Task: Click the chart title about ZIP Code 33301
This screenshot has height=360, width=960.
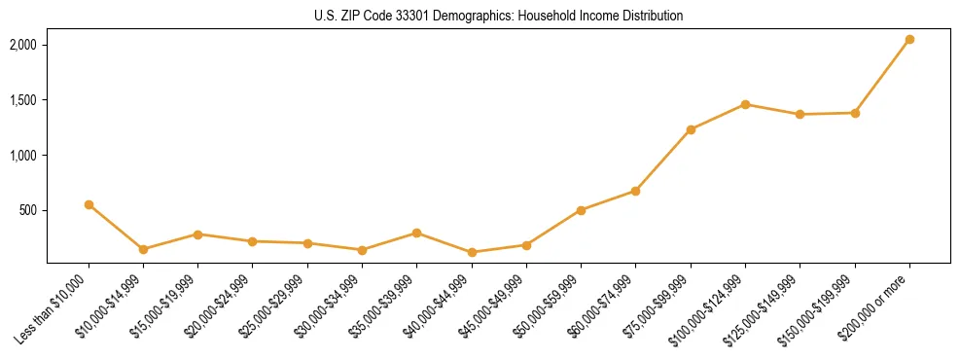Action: point(498,17)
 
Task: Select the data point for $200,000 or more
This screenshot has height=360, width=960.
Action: point(909,40)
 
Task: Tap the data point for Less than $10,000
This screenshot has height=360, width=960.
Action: point(89,204)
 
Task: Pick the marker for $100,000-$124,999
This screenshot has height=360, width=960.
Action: point(745,104)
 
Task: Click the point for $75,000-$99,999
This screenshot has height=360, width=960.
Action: point(691,129)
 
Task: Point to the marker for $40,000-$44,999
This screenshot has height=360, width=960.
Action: point(472,252)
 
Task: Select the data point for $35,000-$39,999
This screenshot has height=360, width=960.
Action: point(416,233)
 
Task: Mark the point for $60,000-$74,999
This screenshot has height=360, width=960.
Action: point(635,191)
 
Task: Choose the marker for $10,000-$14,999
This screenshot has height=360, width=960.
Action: point(143,249)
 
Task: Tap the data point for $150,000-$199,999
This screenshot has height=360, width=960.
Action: point(855,113)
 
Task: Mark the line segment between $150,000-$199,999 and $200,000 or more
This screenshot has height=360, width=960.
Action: point(882,77)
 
